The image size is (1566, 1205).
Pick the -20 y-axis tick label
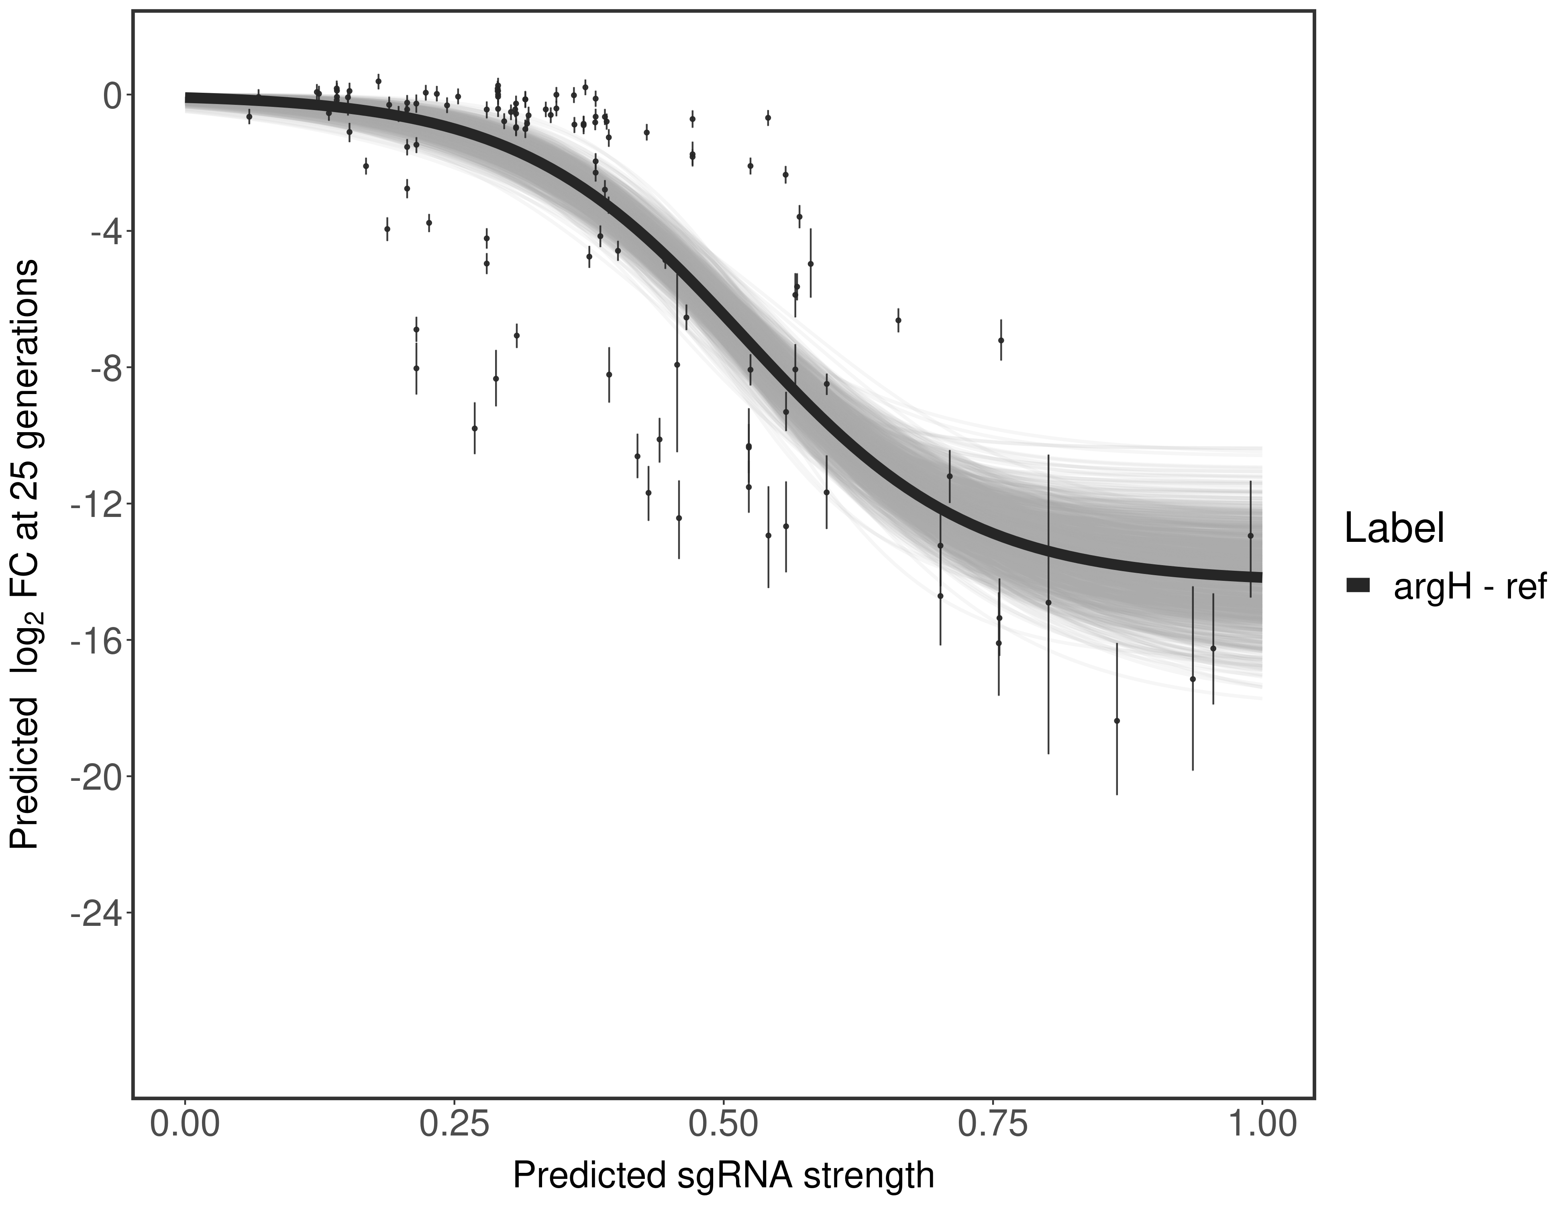93,777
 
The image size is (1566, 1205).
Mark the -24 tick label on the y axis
93,913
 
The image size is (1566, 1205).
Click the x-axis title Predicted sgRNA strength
724,1176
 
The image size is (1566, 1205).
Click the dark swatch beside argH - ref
1358,586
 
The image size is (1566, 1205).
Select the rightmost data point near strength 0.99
1250,536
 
